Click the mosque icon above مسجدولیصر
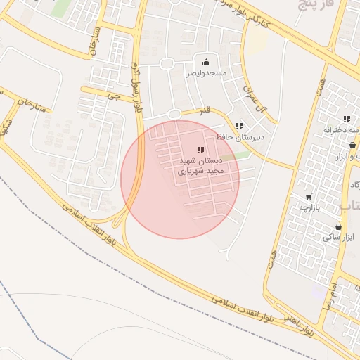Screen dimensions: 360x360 click(206, 63)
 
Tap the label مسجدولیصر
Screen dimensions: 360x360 click(206, 73)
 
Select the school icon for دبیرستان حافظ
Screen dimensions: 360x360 click(239, 127)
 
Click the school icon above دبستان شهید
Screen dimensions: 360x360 click(201, 150)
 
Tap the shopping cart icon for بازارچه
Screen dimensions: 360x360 click(309, 197)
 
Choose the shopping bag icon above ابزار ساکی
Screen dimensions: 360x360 click(339, 226)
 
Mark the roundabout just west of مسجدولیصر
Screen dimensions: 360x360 click(167, 64)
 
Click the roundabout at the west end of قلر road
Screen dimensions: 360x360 click(174, 114)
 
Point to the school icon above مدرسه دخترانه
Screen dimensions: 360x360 click(347, 120)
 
